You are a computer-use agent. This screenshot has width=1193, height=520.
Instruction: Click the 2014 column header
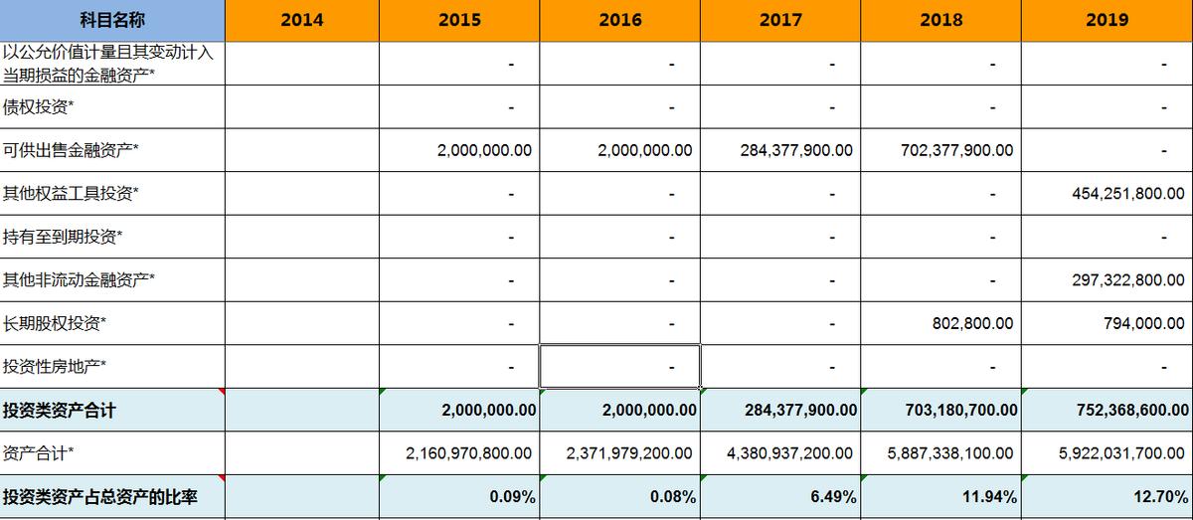tap(301, 20)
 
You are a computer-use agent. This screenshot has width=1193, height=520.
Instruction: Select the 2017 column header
tap(780, 20)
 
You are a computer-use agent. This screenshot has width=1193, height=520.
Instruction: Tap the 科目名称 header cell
tap(112, 20)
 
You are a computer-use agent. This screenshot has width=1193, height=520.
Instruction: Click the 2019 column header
tap(1107, 20)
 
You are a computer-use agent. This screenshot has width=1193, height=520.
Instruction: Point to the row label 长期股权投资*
tap(55, 323)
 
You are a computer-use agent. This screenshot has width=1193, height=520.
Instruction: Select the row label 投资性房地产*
tap(55, 367)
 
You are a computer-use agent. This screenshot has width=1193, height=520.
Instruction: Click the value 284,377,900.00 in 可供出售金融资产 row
tap(795, 150)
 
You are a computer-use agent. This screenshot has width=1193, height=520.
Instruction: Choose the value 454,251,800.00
tap(1127, 194)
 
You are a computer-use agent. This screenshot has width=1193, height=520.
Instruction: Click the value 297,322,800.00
tap(1127, 280)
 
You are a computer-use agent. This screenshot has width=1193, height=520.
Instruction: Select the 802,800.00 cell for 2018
tap(972, 323)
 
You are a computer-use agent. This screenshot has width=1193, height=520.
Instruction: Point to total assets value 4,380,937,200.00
tap(789, 453)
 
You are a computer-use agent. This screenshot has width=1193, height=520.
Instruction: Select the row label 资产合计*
tap(39, 453)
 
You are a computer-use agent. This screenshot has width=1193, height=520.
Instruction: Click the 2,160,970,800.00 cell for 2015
tap(468, 453)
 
